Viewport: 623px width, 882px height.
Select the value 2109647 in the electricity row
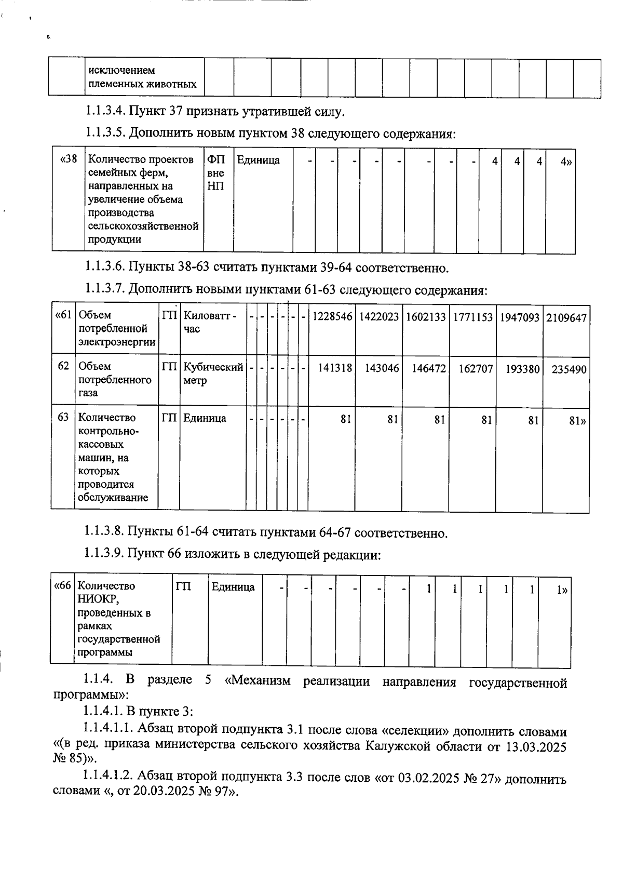(566, 317)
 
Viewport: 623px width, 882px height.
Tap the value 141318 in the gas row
(335, 368)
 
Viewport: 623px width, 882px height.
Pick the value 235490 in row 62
(569, 369)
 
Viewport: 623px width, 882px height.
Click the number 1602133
(426, 317)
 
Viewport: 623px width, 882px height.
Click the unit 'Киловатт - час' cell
(210, 322)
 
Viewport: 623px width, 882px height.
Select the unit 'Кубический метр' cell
(213, 373)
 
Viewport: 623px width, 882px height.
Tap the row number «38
(69, 159)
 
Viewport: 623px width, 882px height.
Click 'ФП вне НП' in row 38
(215, 172)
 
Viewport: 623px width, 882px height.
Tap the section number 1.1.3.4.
(105, 111)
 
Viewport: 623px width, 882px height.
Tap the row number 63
(63, 417)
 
